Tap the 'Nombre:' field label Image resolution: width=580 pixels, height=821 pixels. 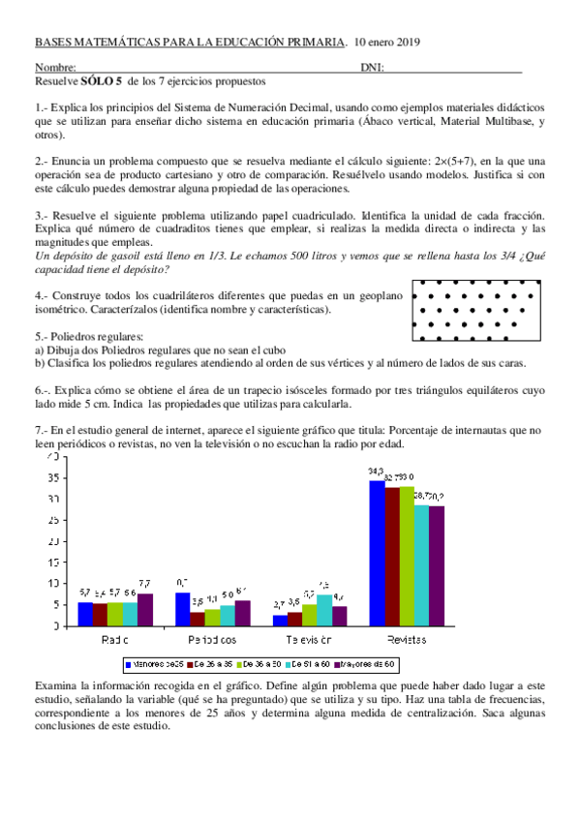point(55,68)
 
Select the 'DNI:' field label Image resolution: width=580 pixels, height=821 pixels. point(372,68)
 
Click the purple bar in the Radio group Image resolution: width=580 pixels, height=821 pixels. point(144,610)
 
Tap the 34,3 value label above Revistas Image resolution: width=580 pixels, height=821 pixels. point(376,471)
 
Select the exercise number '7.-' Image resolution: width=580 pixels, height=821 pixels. point(41,430)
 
